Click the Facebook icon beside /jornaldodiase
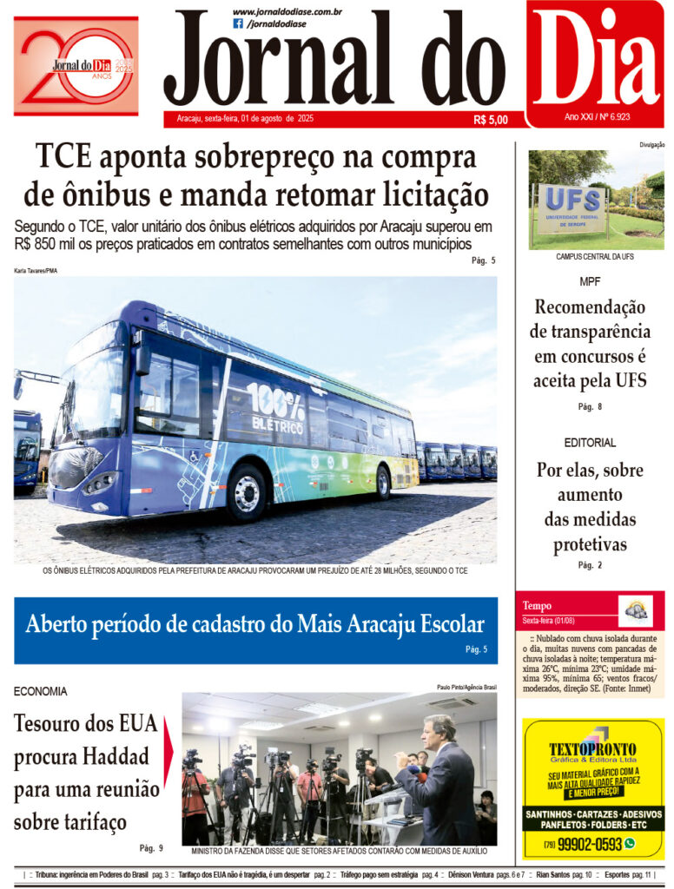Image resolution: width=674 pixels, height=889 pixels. tap(238, 24)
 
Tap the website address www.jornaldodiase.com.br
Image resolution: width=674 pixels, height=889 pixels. tap(287, 11)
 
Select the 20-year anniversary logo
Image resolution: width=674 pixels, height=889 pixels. tap(76, 66)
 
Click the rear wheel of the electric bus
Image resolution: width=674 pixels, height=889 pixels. tap(382, 483)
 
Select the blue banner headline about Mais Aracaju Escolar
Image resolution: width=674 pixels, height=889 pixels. tap(255, 624)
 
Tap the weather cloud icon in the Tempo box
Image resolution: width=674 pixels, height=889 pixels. tap(635, 609)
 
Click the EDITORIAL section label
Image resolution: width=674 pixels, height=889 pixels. tap(589, 443)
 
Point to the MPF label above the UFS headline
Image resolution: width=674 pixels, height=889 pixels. tap(590, 282)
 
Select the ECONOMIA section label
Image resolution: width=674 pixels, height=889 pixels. tap(41, 691)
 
